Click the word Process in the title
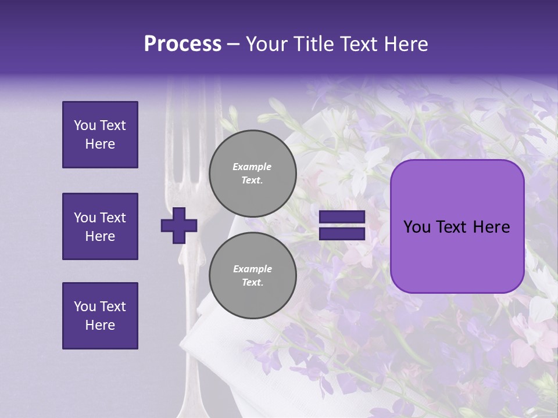coord(183,44)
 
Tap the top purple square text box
coord(100,135)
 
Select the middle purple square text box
coord(100,226)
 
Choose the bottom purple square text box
coord(100,316)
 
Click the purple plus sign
coord(179,225)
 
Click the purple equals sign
coord(342,225)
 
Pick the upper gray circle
coord(253,174)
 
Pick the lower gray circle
coord(253,276)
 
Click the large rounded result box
coord(457,226)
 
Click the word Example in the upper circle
coord(252,167)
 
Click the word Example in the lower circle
coord(252,269)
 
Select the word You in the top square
coord(84,125)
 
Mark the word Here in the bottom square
coord(100,325)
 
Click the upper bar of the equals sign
coord(342,217)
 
